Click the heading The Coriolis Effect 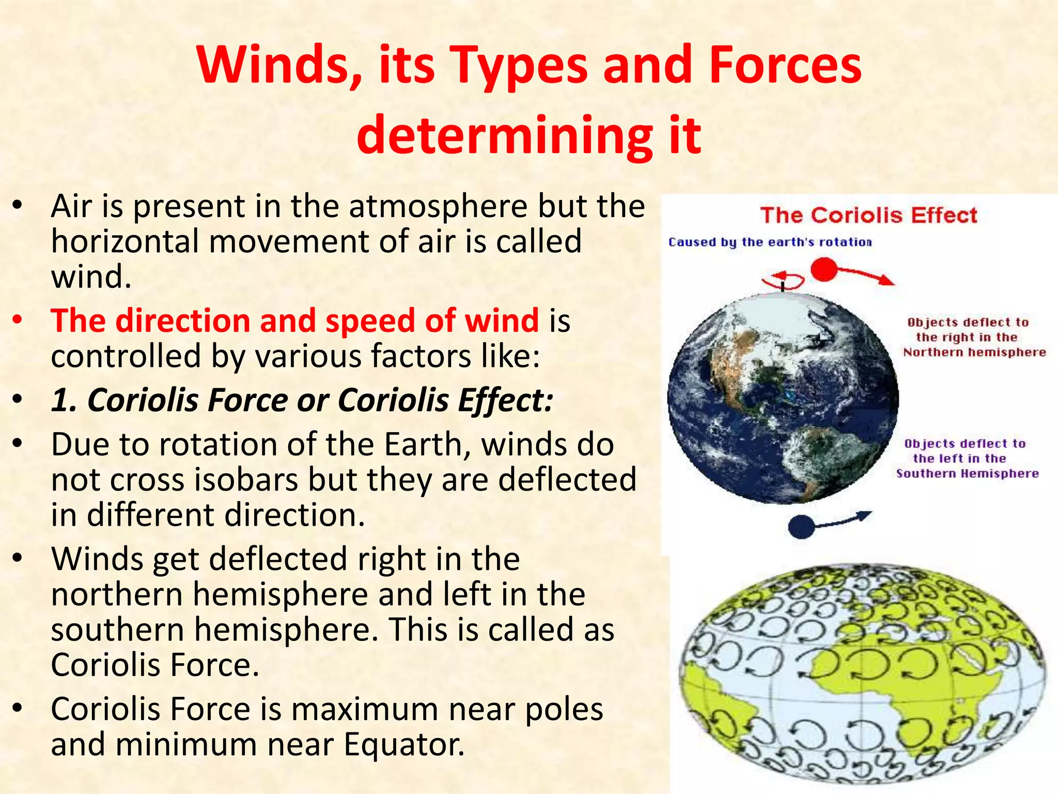click(868, 215)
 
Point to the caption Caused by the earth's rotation click(770, 242)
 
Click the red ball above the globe click(823, 269)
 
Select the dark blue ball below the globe click(801, 527)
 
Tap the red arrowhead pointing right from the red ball click(888, 281)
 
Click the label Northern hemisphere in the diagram click(974, 353)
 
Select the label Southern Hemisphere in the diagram click(967, 474)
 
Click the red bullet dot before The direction click(18, 320)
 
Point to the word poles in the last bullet click(564, 709)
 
